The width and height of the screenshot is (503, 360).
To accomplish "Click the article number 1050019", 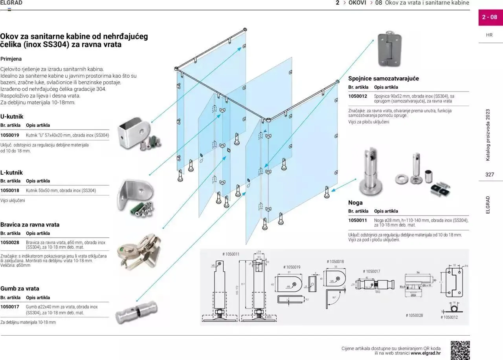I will coord(10,135).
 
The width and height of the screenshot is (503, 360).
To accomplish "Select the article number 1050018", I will coord(10,191).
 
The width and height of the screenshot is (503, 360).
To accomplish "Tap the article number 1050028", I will coord(10,243).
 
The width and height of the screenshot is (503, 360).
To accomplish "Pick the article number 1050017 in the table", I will coord(10,307).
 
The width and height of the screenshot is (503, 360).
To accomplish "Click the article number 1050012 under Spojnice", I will coord(358,96).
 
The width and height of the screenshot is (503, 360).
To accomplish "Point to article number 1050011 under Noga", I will coord(358,221).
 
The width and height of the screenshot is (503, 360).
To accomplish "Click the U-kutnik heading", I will coord(12,117).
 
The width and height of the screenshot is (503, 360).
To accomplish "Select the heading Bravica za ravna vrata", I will coord(30,225).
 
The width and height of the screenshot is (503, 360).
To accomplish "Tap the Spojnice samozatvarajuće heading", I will coord(383,79).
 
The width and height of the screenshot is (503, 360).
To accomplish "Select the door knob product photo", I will coord(136,312).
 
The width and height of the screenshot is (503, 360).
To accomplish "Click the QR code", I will coord(460,350).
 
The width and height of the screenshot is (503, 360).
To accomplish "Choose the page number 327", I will coord(489,175).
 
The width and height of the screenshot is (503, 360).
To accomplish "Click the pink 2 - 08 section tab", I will coord(490,17).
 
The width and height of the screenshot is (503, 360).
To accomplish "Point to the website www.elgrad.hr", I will coord(426,353).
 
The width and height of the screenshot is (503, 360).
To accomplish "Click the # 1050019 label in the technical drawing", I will coord(292,267).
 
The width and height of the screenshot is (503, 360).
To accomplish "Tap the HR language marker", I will coord(489,35).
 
